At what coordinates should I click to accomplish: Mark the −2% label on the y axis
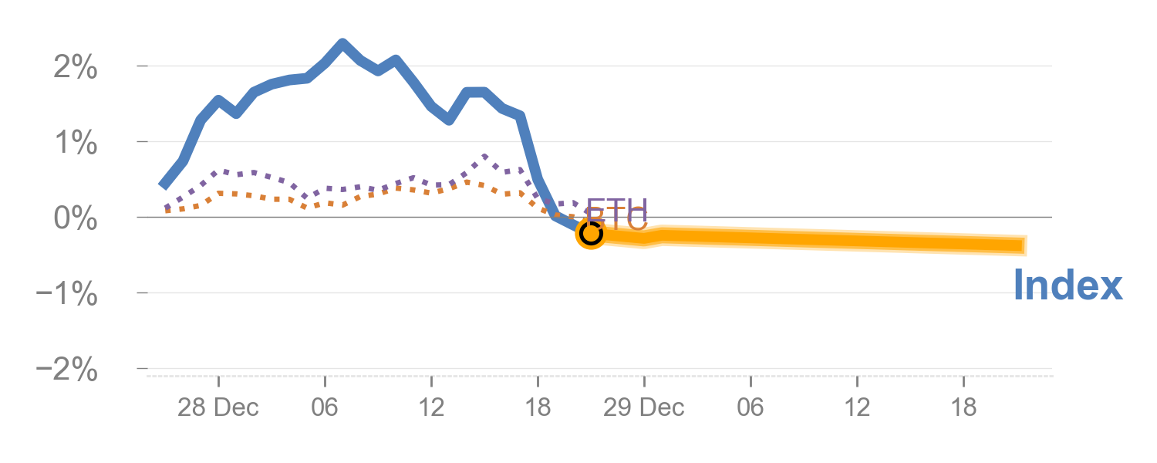[x=67, y=370]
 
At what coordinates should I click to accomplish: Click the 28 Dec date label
[x=218, y=407]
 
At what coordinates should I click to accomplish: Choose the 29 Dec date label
[x=643, y=407]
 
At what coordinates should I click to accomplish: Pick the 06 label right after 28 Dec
[x=325, y=407]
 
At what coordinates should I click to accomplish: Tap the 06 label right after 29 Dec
[x=750, y=407]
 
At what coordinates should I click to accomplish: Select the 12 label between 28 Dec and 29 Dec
[x=431, y=407]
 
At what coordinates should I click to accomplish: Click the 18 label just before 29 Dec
[x=538, y=407]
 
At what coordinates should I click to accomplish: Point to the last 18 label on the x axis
[x=963, y=407]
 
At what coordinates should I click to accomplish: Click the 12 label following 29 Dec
[x=857, y=407]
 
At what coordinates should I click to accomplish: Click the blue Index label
[x=1068, y=286]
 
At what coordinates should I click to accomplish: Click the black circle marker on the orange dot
[x=591, y=232]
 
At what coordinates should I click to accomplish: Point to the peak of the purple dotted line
[x=484, y=157]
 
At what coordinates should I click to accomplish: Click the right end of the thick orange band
[x=1025, y=245]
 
